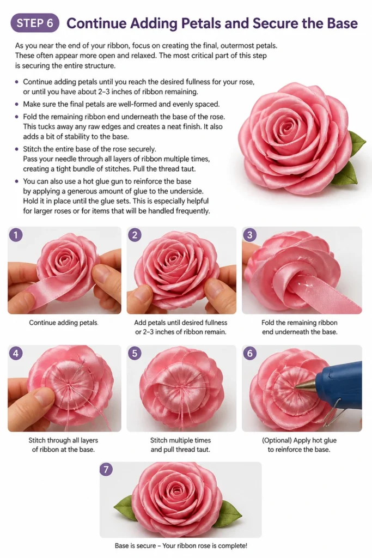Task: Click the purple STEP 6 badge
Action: (35, 23)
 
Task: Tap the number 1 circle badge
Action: (16, 235)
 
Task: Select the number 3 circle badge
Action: (249, 235)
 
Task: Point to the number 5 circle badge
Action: (135, 353)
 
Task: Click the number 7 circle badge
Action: (106, 469)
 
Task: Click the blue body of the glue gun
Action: (341, 382)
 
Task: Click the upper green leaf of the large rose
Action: (357, 142)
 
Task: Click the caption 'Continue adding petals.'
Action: (64, 323)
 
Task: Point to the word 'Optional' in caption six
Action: (276, 440)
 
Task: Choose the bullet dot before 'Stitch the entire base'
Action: (17, 149)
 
